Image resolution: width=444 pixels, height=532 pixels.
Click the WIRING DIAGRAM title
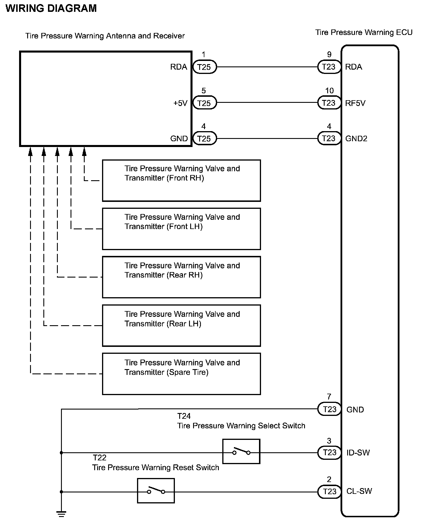[x=51, y=8]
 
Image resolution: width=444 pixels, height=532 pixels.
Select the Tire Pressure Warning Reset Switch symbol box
[x=156, y=491]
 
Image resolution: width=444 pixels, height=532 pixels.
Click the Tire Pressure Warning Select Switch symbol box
[x=241, y=451]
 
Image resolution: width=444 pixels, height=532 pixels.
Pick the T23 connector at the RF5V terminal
[x=329, y=103]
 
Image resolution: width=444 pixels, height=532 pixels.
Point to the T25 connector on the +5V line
[x=204, y=103]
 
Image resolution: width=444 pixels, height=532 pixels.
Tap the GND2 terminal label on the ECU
[x=356, y=139]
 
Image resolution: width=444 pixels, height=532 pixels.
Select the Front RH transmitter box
[x=182, y=181]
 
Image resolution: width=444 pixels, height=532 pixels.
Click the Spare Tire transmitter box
[x=182, y=374]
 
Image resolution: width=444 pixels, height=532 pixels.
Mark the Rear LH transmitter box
[x=182, y=325]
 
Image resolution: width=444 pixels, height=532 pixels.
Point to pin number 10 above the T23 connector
[x=329, y=91]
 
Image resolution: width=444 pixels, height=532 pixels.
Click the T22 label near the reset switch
[x=99, y=458]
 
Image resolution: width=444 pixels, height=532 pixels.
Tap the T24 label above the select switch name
[x=184, y=416]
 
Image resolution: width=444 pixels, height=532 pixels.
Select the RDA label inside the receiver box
[x=179, y=67]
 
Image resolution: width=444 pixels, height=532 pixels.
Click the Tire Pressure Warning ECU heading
[x=364, y=33]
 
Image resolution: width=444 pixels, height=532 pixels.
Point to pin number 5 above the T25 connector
[x=203, y=91]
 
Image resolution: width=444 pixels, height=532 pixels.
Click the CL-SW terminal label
[x=359, y=491]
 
